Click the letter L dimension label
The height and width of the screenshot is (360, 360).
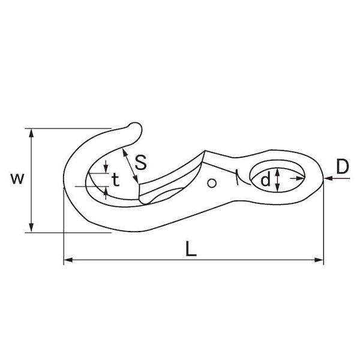click(x=191, y=248)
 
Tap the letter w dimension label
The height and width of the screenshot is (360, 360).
click(x=17, y=179)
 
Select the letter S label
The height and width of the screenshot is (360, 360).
click(x=140, y=163)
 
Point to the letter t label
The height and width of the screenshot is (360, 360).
click(x=116, y=179)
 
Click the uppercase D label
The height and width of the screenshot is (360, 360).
click(x=343, y=166)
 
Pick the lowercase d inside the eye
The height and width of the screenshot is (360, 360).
click(x=265, y=179)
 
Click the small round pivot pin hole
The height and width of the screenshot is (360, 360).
click(x=212, y=183)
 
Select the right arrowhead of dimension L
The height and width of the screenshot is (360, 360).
click(x=319, y=260)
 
